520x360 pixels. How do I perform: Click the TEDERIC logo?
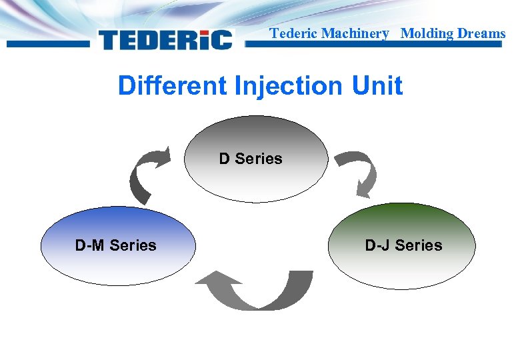(165, 40)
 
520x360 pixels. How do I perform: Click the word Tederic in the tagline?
(293, 33)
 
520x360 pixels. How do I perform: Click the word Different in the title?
(172, 86)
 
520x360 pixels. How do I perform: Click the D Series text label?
(251, 159)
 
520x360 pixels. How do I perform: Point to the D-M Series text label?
(115, 245)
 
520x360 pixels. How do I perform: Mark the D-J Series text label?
(403, 245)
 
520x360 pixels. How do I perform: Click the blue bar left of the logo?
(47, 44)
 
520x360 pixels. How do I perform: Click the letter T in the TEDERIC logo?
(111, 40)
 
